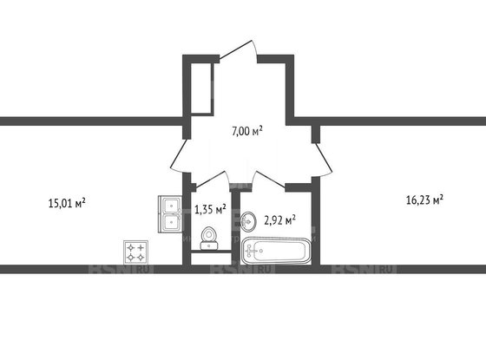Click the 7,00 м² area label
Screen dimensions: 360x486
point(246,131)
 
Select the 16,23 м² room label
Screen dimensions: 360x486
point(424,199)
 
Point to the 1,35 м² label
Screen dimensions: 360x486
point(209,208)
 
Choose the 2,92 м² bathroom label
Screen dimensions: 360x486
point(279,219)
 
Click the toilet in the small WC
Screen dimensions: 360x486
point(208,236)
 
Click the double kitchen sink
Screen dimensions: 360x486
point(169,213)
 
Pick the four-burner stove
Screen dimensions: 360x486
point(135,252)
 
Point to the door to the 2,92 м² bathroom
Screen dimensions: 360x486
point(266,180)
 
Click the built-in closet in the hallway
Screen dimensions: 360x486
point(200,87)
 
